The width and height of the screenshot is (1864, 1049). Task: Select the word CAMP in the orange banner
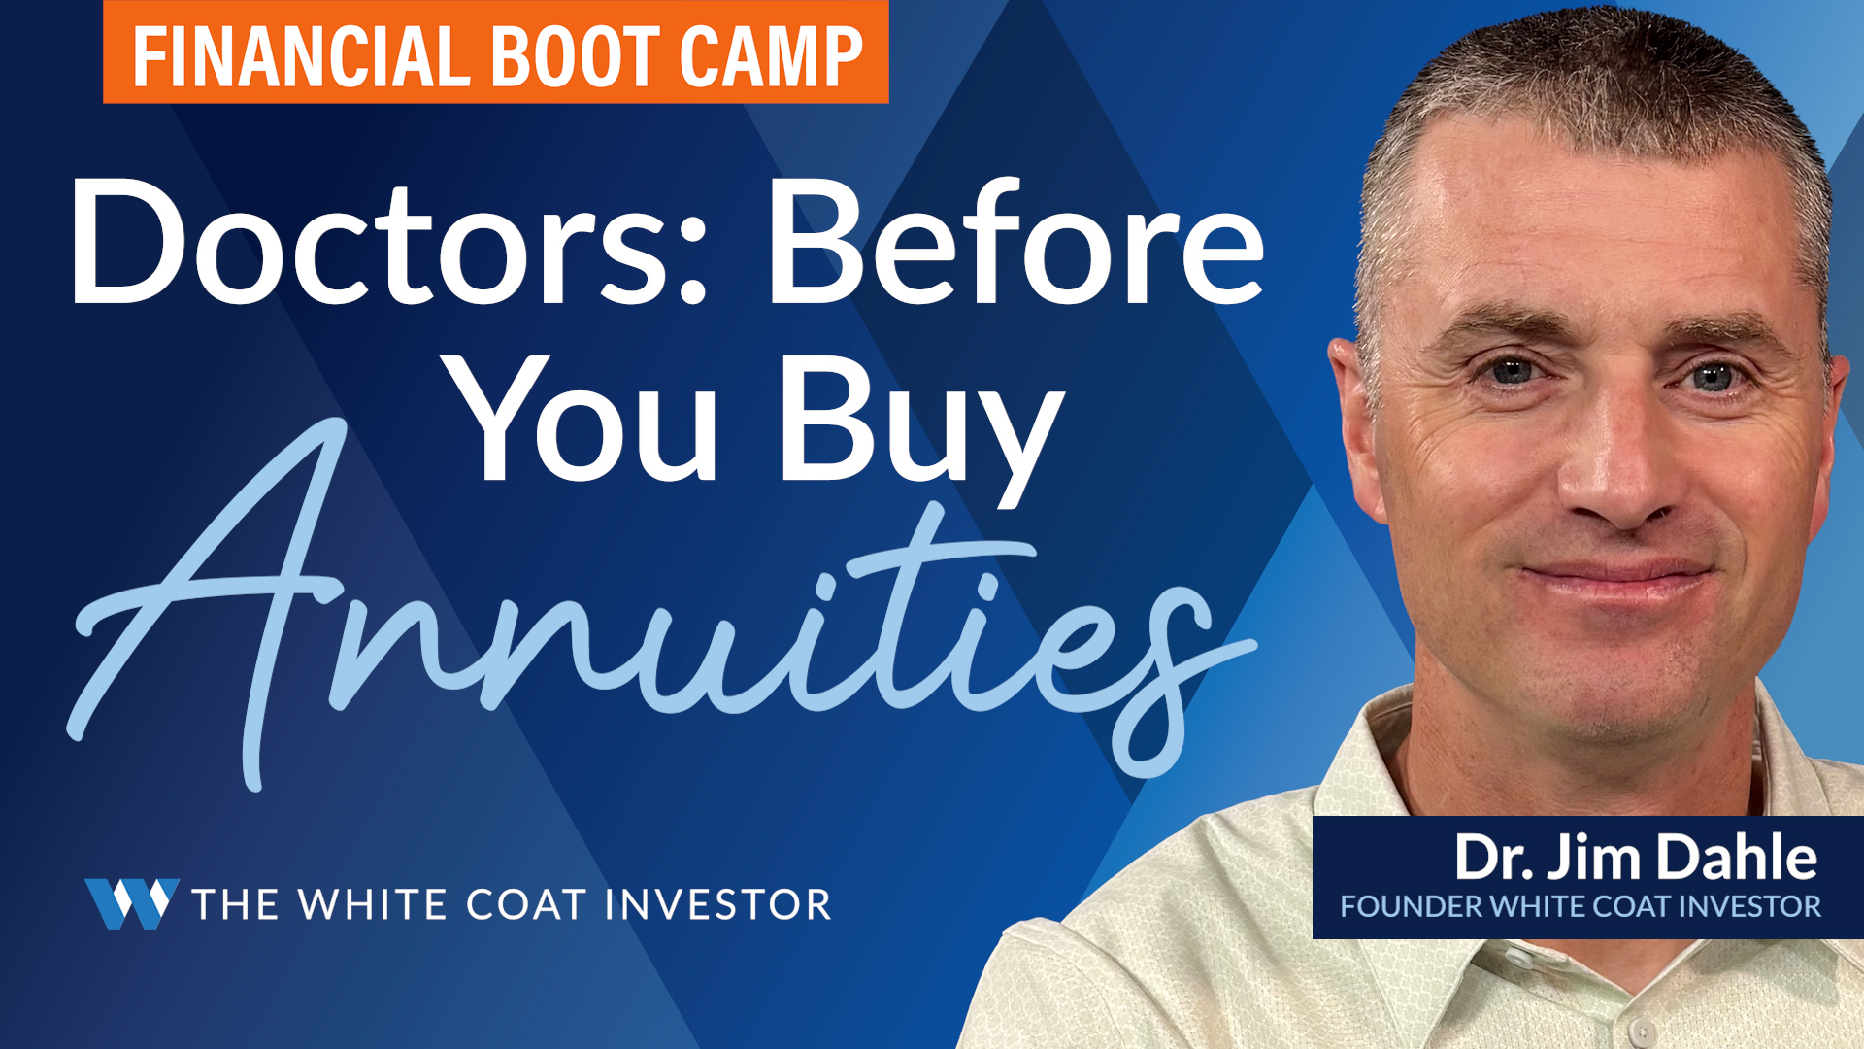coord(772,56)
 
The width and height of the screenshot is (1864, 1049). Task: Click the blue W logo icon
coord(132,903)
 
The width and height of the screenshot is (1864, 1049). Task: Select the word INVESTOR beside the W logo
coord(718,904)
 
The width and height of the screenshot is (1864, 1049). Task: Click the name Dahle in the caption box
coord(1737,857)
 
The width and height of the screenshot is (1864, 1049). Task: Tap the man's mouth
coord(1616,578)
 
